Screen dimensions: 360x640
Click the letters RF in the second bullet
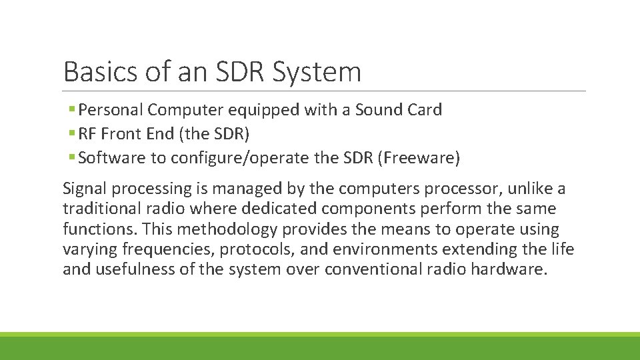pyautogui.click(x=87, y=134)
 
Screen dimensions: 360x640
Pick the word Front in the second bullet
pyautogui.click(x=120, y=134)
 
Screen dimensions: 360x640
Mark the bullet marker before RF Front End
pyautogui.click(x=71, y=134)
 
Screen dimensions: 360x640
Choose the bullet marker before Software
pyautogui.click(x=71, y=158)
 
